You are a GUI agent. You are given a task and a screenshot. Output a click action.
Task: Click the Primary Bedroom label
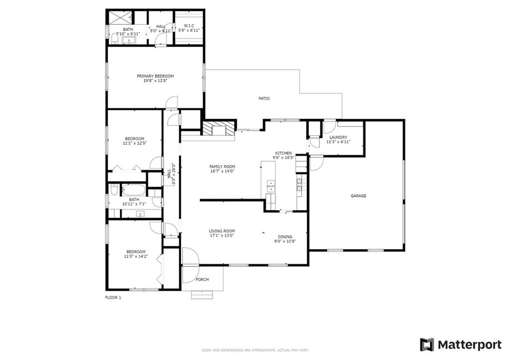155,76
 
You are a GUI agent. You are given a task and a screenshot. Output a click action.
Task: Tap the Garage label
358,196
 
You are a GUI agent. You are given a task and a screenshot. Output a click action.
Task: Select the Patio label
264,99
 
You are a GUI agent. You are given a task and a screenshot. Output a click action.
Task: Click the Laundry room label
338,137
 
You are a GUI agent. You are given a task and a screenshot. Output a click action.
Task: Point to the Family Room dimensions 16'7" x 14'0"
222,171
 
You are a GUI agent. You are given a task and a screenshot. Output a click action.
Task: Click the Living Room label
222,231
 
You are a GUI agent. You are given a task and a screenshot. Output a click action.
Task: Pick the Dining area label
285,237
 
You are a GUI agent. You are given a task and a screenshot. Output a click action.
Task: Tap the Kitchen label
284,153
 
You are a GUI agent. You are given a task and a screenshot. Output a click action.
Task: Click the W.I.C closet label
188,26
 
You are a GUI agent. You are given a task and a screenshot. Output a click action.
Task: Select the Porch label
202,279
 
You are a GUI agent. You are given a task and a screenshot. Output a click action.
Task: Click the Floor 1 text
113,298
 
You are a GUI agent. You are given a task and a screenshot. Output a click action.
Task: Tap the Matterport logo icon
427,345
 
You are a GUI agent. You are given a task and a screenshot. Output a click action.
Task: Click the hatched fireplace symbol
218,128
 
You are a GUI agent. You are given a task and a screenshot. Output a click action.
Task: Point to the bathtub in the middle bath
133,190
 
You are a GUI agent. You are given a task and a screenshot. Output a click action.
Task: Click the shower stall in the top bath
120,17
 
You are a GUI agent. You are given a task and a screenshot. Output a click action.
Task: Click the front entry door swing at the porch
189,257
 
